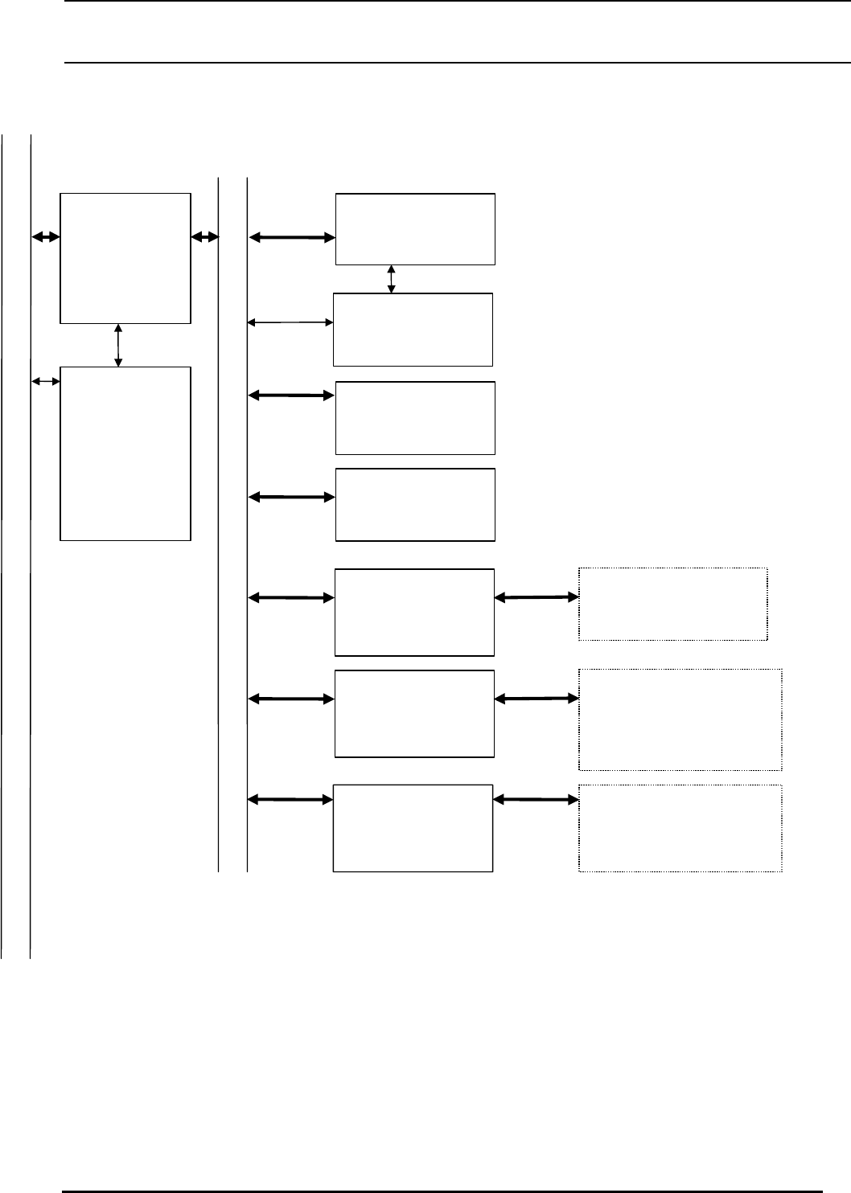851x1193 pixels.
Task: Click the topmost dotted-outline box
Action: (x=672, y=604)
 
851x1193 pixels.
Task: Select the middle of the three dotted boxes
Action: (x=680, y=719)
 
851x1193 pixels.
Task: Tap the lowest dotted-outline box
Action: (x=680, y=828)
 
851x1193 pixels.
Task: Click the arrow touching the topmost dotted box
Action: (x=536, y=597)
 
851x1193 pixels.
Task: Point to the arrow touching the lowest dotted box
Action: (x=536, y=799)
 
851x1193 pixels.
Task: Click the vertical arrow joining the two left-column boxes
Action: (x=118, y=345)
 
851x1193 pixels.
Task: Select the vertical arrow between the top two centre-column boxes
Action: (x=392, y=279)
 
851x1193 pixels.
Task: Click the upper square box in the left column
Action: (x=125, y=258)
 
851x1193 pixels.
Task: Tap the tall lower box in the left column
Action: (x=125, y=453)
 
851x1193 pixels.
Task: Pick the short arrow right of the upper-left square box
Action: (x=205, y=236)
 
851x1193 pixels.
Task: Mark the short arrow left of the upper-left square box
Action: (x=46, y=236)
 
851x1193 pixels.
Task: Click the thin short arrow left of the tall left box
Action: (x=46, y=380)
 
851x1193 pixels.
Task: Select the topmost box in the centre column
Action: (x=415, y=228)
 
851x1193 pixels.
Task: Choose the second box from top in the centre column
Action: (x=413, y=330)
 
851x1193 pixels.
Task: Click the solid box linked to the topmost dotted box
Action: (x=414, y=613)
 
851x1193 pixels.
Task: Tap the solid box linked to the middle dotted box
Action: (x=414, y=713)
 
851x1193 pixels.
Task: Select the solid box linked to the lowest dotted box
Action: (x=413, y=828)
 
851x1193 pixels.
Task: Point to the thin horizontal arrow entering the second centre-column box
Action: (x=290, y=322)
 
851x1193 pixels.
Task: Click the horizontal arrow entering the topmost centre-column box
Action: (x=292, y=237)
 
